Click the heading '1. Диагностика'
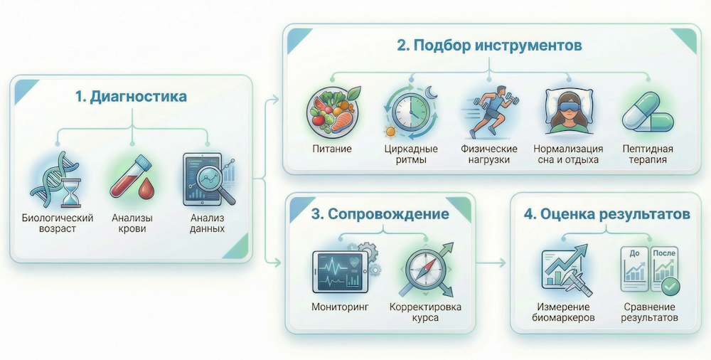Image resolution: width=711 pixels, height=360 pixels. point(131,97)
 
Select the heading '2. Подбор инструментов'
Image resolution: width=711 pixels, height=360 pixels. point(489,46)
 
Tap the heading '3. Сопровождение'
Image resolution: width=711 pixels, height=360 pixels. point(380,214)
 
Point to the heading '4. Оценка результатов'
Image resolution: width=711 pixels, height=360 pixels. point(607,214)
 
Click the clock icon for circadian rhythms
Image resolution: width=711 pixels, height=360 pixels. point(410,112)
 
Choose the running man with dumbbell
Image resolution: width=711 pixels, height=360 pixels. point(491,111)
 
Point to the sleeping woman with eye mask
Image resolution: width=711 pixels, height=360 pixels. point(569,112)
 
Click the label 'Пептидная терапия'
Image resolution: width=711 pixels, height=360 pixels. point(648,154)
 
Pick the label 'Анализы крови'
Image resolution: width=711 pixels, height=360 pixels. point(132,223)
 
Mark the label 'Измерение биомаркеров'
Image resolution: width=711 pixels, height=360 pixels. point(563,312)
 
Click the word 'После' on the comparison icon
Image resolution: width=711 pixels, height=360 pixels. point(664,253)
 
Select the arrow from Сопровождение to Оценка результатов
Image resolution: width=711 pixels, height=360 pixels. point(491,263)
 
